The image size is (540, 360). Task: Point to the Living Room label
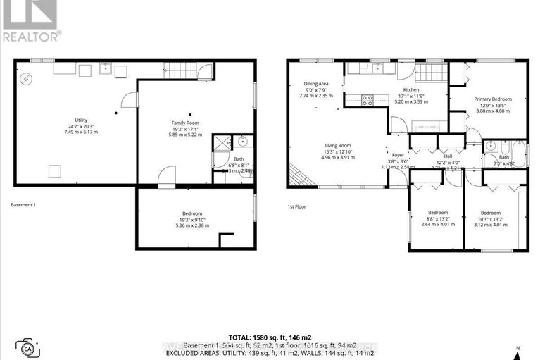click(338, 146)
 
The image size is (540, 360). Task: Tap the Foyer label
click(398, 155)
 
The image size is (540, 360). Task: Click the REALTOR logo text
click(31, 33)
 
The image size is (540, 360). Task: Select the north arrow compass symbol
click(517, 350)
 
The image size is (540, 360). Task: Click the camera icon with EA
click(28, 347)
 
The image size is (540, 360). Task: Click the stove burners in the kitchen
click(367, 100)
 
